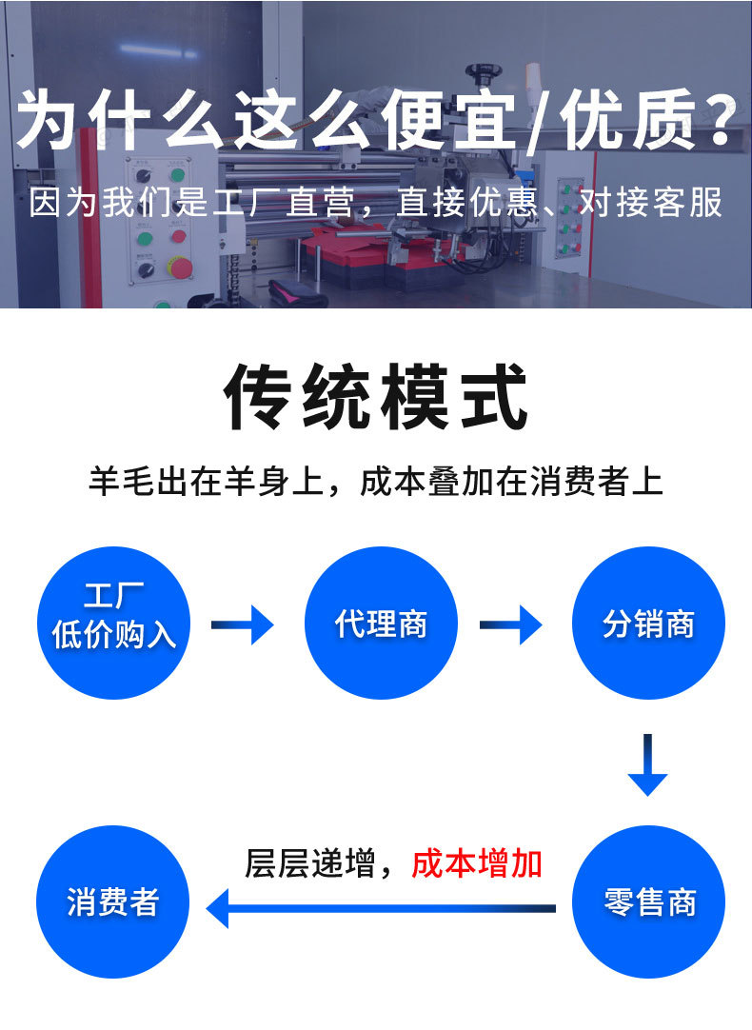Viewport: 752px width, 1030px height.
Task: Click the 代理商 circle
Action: (381, 624)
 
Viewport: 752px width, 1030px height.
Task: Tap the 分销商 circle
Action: (648, 624)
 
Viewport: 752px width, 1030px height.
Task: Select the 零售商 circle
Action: (648, 901)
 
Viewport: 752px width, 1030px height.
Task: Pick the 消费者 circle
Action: (112, 901)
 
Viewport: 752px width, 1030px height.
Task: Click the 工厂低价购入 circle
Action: (113, 624)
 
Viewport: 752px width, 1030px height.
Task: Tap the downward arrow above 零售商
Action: (647, 765)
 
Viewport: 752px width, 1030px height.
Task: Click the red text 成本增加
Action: (477, 863)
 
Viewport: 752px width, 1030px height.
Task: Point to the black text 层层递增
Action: (309, 863)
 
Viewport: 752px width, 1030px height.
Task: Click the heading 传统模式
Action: (376, 396)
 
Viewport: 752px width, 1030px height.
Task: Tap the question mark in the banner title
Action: (724, 122)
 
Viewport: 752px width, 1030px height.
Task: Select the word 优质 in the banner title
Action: (628, 122)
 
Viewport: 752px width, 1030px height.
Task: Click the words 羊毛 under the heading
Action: (126, 481)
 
